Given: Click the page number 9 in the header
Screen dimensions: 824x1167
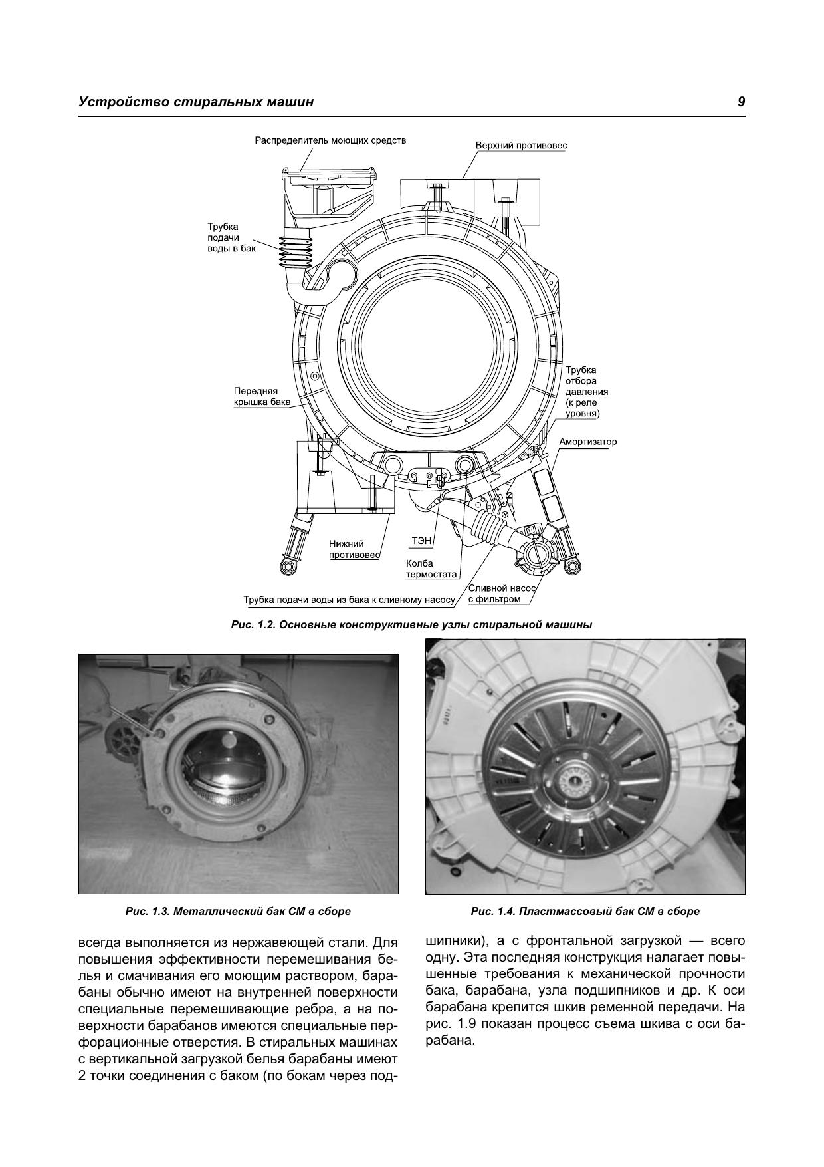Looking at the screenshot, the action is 740,102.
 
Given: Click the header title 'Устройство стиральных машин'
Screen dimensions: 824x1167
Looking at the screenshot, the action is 196,102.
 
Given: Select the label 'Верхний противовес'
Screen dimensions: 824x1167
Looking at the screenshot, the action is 521,146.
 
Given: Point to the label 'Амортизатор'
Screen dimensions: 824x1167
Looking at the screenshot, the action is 587,442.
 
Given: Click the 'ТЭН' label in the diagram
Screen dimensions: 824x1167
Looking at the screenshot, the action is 421,541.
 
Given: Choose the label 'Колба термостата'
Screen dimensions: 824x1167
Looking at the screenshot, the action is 431,569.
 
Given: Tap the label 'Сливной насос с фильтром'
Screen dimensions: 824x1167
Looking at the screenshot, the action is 502,594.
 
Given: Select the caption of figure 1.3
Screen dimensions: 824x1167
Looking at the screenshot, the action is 238,911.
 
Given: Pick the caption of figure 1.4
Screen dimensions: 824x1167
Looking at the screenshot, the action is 585,911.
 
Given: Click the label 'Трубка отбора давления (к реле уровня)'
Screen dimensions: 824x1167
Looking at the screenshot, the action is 587,392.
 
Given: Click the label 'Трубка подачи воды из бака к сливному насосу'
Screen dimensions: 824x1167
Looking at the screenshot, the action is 350,600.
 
